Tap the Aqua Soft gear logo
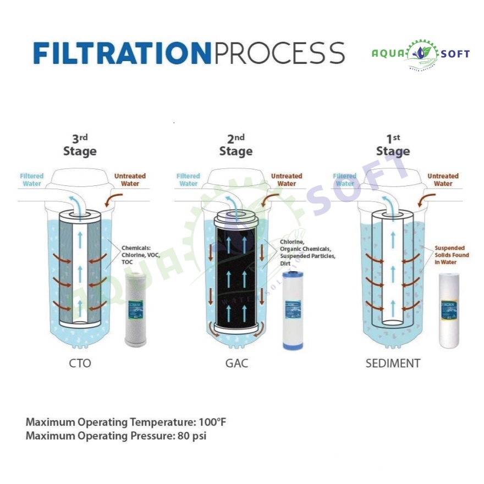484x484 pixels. (x=421, y=54)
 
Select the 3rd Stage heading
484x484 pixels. (x=80, y=146)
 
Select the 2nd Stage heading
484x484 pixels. (x=236, y=146)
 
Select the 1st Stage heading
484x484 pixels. (x=393, y=146)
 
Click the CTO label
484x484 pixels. (x=80, y=364)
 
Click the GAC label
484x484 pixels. (x=237, y=364)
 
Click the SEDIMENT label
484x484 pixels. (x=393, y=364)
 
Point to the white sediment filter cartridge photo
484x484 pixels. (x=453, y=310)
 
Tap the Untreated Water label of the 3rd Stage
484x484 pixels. (x=130, y=180)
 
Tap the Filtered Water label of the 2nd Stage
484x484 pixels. (x=188, y=180)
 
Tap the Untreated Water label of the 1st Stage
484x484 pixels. (x=443, y=180)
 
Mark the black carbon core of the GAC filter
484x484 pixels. (x=236, y=269)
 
